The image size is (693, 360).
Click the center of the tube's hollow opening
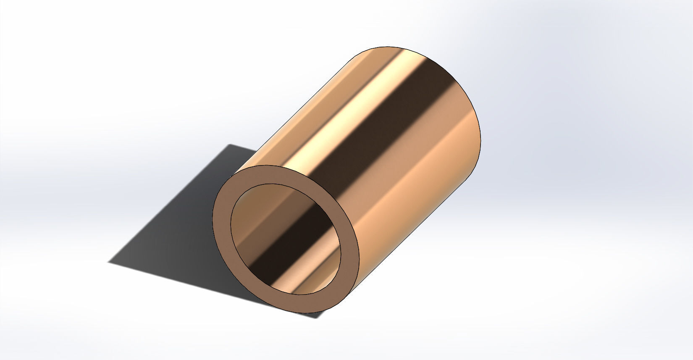pyautogui.click(x=286, y=239)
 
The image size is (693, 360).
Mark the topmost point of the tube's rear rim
pyautogui.click(x=391, y=46)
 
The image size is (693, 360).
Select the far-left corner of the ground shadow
pyautogui.click(x=109, y=263)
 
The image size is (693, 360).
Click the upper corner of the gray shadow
pyautogui.click(x=229, y=145)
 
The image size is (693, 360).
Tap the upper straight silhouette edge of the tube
pyautogui.click(x=294, y=105)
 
